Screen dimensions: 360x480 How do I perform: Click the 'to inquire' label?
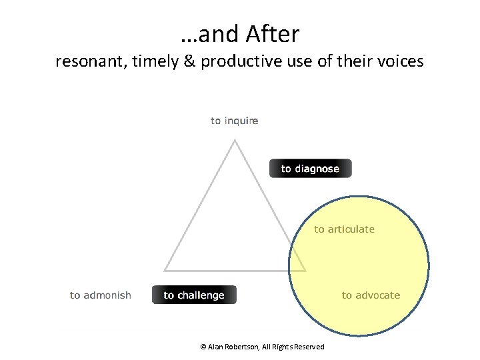[x=235, y=121]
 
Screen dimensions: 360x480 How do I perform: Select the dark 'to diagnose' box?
[x=310, y=169]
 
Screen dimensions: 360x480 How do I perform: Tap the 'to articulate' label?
[x=345, y=229]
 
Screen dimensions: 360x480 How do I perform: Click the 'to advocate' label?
[x=371, y=295]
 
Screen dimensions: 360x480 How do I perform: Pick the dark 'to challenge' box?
[x=194, y=295]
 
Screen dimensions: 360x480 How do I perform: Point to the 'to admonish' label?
[x=101, y=295]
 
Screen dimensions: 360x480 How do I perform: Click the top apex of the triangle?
[x=235, y=140]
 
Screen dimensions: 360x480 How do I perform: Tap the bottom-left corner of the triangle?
[x=165, y=270]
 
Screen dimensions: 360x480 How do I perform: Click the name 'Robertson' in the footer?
[x=244, y=347]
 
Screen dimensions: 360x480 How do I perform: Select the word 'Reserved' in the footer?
[x=309, y=347]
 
